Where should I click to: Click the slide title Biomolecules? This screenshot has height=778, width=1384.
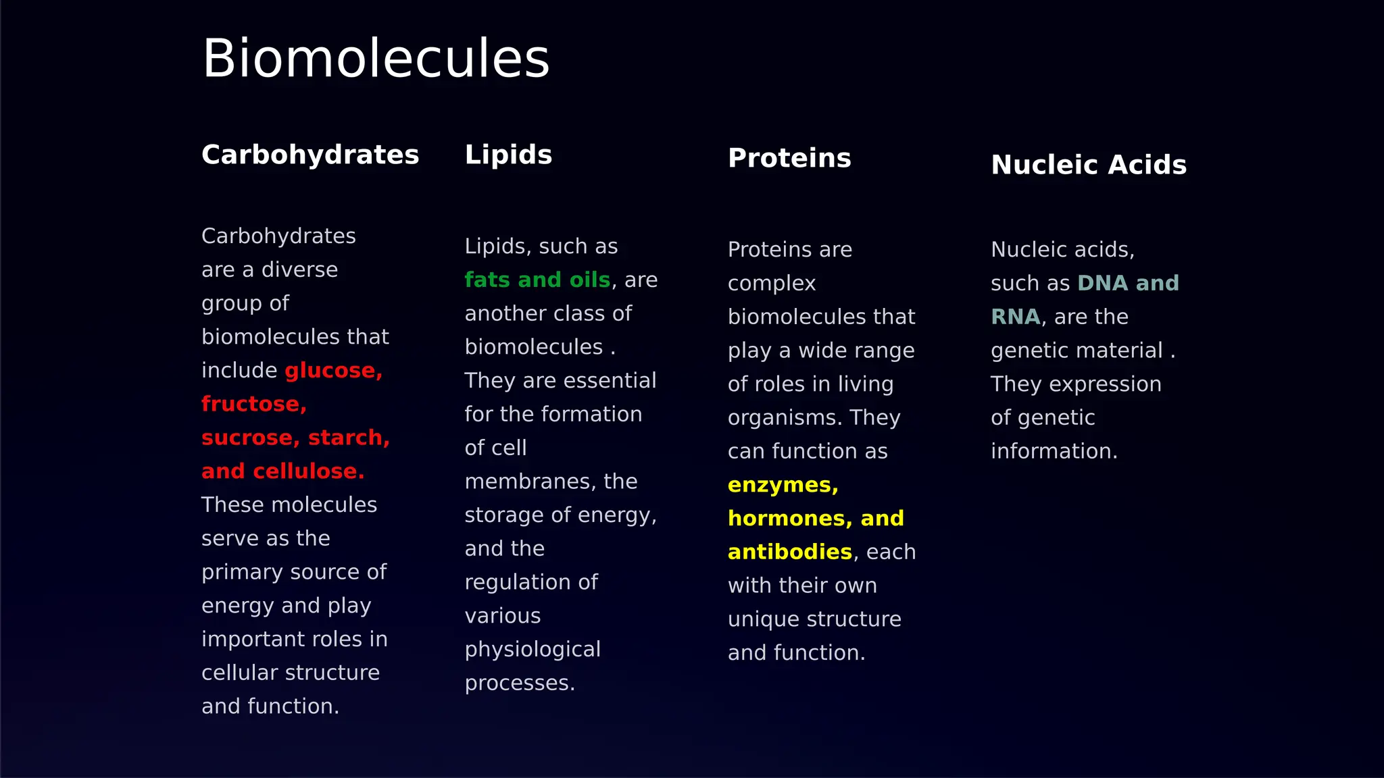click(x=376, y=59)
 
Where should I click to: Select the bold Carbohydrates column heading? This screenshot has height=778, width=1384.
click(x=310, y=155)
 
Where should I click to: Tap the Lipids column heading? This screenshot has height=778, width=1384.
click(x=508, y=155)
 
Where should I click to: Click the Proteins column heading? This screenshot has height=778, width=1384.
click(x=789, y=159)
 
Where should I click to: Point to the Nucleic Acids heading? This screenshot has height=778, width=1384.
click(x=1088, y=165)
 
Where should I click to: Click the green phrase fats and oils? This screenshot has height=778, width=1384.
click(x=537, y=280)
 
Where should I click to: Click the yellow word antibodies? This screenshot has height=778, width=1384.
click(x=789, y=552)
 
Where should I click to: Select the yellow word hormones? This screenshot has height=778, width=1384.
click(x=786, y=519)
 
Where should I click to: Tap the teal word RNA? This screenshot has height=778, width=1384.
click(x=1015, y=317)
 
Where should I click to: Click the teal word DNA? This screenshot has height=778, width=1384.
click(x=1102, y=284)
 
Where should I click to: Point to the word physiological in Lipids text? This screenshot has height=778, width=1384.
click(x=533, y=650)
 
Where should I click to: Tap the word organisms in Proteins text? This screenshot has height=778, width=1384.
click(x=785, y=418)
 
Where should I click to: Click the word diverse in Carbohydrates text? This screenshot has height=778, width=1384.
click(x=299, y=270)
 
